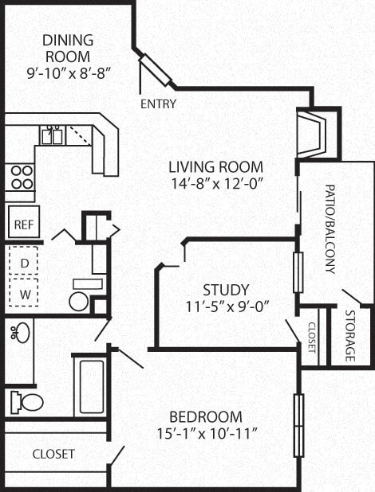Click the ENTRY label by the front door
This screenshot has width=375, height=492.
(158, 104)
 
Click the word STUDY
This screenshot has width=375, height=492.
(225, 290)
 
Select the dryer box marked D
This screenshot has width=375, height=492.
(24, 261)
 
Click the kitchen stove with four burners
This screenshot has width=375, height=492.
(21, 176)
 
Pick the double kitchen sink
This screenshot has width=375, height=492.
(53, 135)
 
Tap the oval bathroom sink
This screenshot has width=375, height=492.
(20, 333)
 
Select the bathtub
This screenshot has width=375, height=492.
(92, 387)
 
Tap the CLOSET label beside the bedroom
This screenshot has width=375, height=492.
(53, 454)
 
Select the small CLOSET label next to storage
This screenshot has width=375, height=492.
(311, 338)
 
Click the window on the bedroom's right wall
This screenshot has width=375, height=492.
(298, 425)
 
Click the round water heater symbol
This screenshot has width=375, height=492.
(79, 301)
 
